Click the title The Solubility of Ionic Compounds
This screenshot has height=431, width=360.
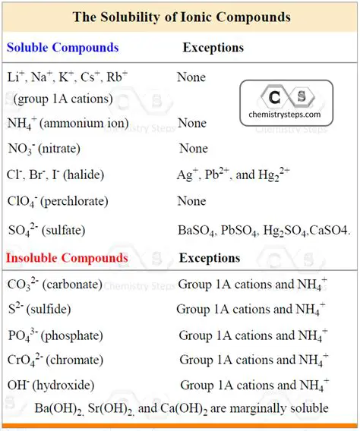181,16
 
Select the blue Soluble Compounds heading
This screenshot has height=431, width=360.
63,47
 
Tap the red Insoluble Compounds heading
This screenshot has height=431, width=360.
67,258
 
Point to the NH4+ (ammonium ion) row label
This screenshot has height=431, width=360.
68,123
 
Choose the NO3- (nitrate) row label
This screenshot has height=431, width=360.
44,149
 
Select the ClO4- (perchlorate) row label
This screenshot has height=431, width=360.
58,202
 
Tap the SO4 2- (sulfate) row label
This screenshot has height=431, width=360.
46,230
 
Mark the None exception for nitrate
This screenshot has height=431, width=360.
193,149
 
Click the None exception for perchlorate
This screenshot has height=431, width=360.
191,202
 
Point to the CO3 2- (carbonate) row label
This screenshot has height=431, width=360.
55,285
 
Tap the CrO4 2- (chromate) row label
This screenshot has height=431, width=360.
54,360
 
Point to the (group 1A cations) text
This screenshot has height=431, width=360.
63,99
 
